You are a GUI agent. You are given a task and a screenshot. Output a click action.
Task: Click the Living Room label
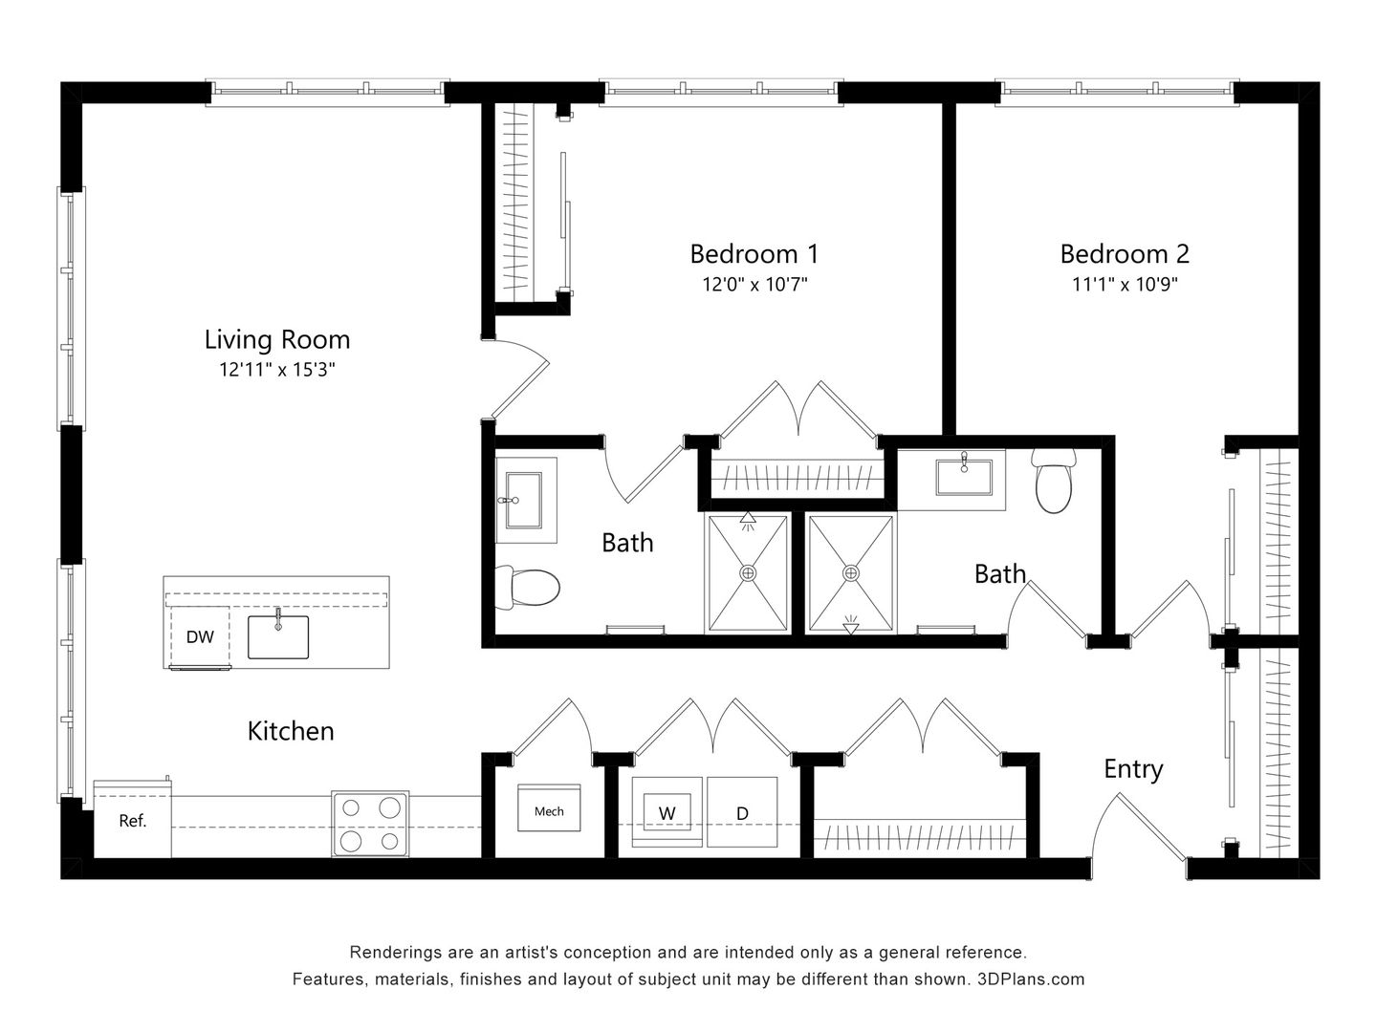click(x=277, y=340)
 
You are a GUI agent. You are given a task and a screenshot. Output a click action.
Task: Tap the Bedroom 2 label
click(x=1125, y=254)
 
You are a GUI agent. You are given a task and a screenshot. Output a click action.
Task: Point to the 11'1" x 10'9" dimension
click(x=1125, y=284)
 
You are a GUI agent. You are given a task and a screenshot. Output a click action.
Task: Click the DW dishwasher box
click(x=200, y=637)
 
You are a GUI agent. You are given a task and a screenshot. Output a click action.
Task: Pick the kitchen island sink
click(x=278, y=637)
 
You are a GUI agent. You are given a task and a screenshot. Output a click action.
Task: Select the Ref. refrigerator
click(x=132, y=820)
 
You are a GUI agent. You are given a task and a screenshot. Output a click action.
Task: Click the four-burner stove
click(x=370, y=823)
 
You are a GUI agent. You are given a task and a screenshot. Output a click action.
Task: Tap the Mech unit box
click(x=549, y=811)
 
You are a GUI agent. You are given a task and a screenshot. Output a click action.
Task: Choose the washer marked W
click(x=667, y=813)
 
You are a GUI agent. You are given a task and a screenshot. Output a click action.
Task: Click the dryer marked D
click(x=742, y=813)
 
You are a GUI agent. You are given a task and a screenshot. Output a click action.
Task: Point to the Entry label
click(x=1133, y=769)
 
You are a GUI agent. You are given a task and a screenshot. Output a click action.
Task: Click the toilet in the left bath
click(x=527, y=587)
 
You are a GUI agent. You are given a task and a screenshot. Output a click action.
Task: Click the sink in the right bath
click(x=965, y=476)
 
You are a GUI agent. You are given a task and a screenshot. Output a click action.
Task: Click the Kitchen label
click(x=291, y=731)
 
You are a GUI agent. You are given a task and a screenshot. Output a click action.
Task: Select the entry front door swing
click(x=1138, y=831)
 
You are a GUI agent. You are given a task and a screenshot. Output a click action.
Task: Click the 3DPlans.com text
click(x=1031, y=979)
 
